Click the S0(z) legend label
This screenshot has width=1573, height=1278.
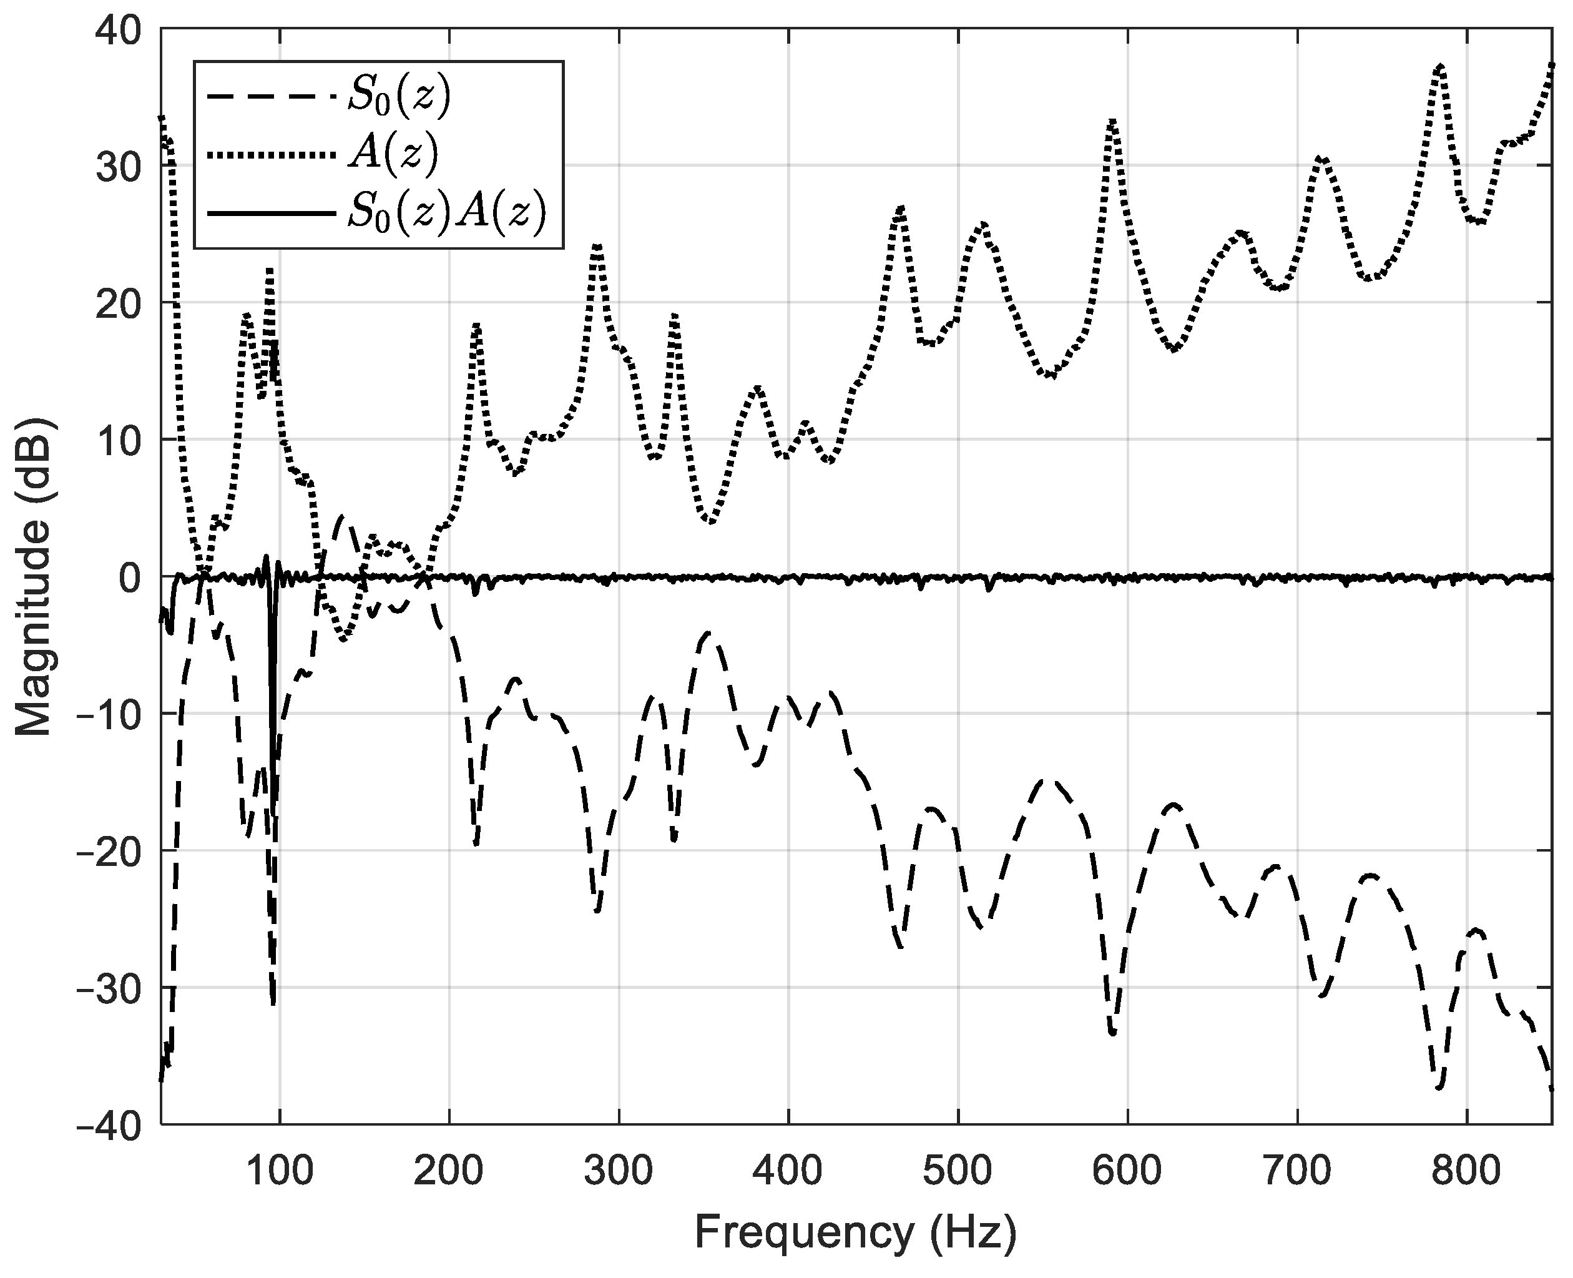point(398,98)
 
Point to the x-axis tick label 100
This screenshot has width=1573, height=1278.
point(279,1170)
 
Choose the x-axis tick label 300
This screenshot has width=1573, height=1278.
point(619,1170)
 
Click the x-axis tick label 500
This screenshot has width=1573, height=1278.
point(958,1170)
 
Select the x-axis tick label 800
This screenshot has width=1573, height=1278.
point(1466,1170)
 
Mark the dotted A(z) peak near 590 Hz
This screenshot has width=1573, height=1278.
point(1112,122)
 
